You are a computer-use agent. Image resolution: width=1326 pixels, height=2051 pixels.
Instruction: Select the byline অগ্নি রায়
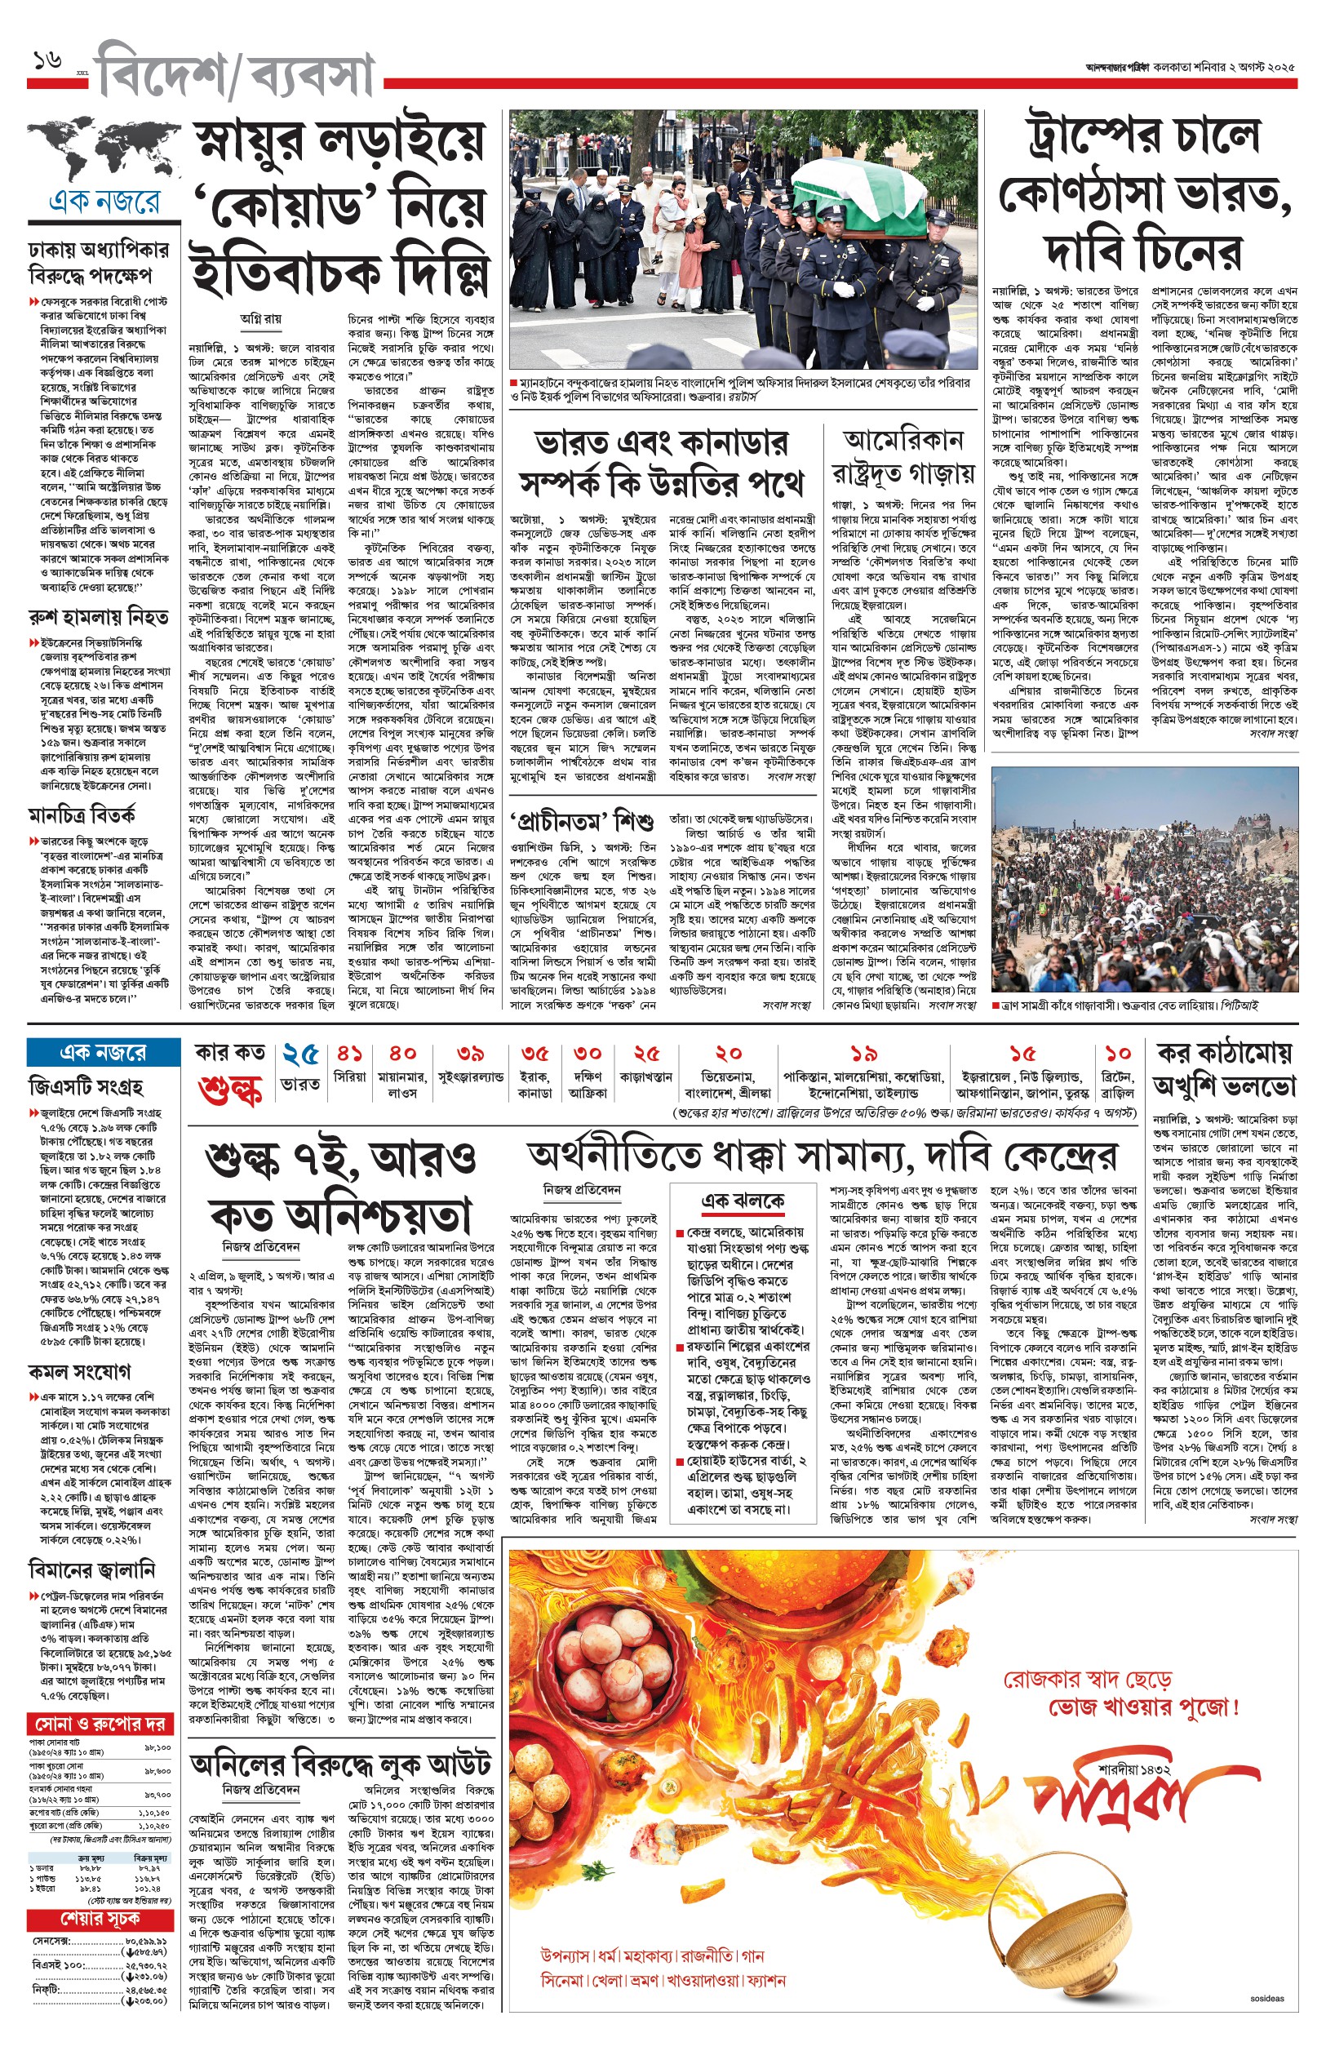pos(261,318)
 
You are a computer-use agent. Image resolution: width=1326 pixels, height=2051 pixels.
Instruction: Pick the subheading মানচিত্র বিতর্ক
pos(82,815)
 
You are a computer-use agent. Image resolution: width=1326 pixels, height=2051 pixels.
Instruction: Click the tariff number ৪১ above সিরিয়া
pos(349,1054)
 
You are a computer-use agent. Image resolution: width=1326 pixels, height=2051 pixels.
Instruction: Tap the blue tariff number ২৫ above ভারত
pos(300,1054)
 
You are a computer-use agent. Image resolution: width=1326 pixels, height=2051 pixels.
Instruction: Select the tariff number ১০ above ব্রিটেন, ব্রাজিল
pos(1118,1054)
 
